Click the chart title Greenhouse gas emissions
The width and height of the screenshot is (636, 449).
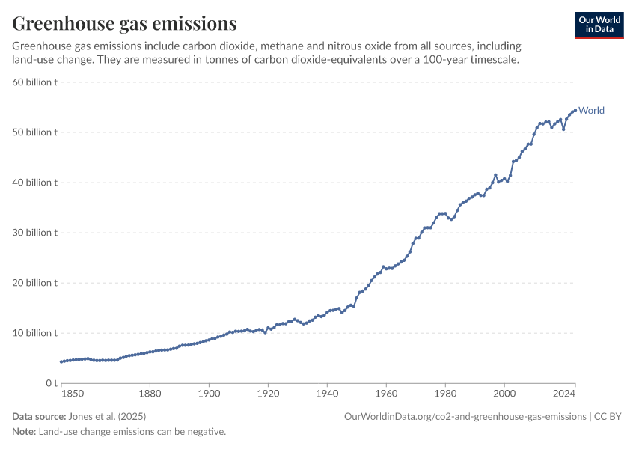click(x=124, y=23)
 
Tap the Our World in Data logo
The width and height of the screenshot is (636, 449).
click(x=599, y=25)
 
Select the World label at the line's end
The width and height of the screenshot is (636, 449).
click(x=591, y=110)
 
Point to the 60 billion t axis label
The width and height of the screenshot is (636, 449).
click(x=35, y=82)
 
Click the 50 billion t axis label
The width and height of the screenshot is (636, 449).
click(x=35, y=132)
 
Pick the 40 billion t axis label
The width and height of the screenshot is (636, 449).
click(x=35, y=183)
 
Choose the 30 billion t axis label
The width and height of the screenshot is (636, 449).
click(x=35, y=233)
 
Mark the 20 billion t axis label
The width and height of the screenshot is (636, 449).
click(x=35, y=283)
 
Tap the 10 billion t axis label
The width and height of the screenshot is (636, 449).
click(x=35, y=333)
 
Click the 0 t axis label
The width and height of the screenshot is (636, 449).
click(x=52, y=383)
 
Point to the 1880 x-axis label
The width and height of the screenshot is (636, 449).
click(x=150, y=394)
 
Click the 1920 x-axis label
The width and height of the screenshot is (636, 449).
click(x=268, y=394)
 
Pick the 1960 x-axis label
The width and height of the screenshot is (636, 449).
click(x=386, y=394)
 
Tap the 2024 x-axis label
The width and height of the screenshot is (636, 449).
click(x=564, y=394)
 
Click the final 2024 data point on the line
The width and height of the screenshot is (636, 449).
click(x=575, y=110)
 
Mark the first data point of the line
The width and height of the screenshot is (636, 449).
click(x=61, y=361)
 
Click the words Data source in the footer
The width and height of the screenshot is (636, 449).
click(x=39, y=417)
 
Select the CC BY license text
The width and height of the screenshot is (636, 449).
click(x=608, y=417)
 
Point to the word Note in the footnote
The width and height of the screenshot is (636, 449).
click(x=24, y=432)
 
